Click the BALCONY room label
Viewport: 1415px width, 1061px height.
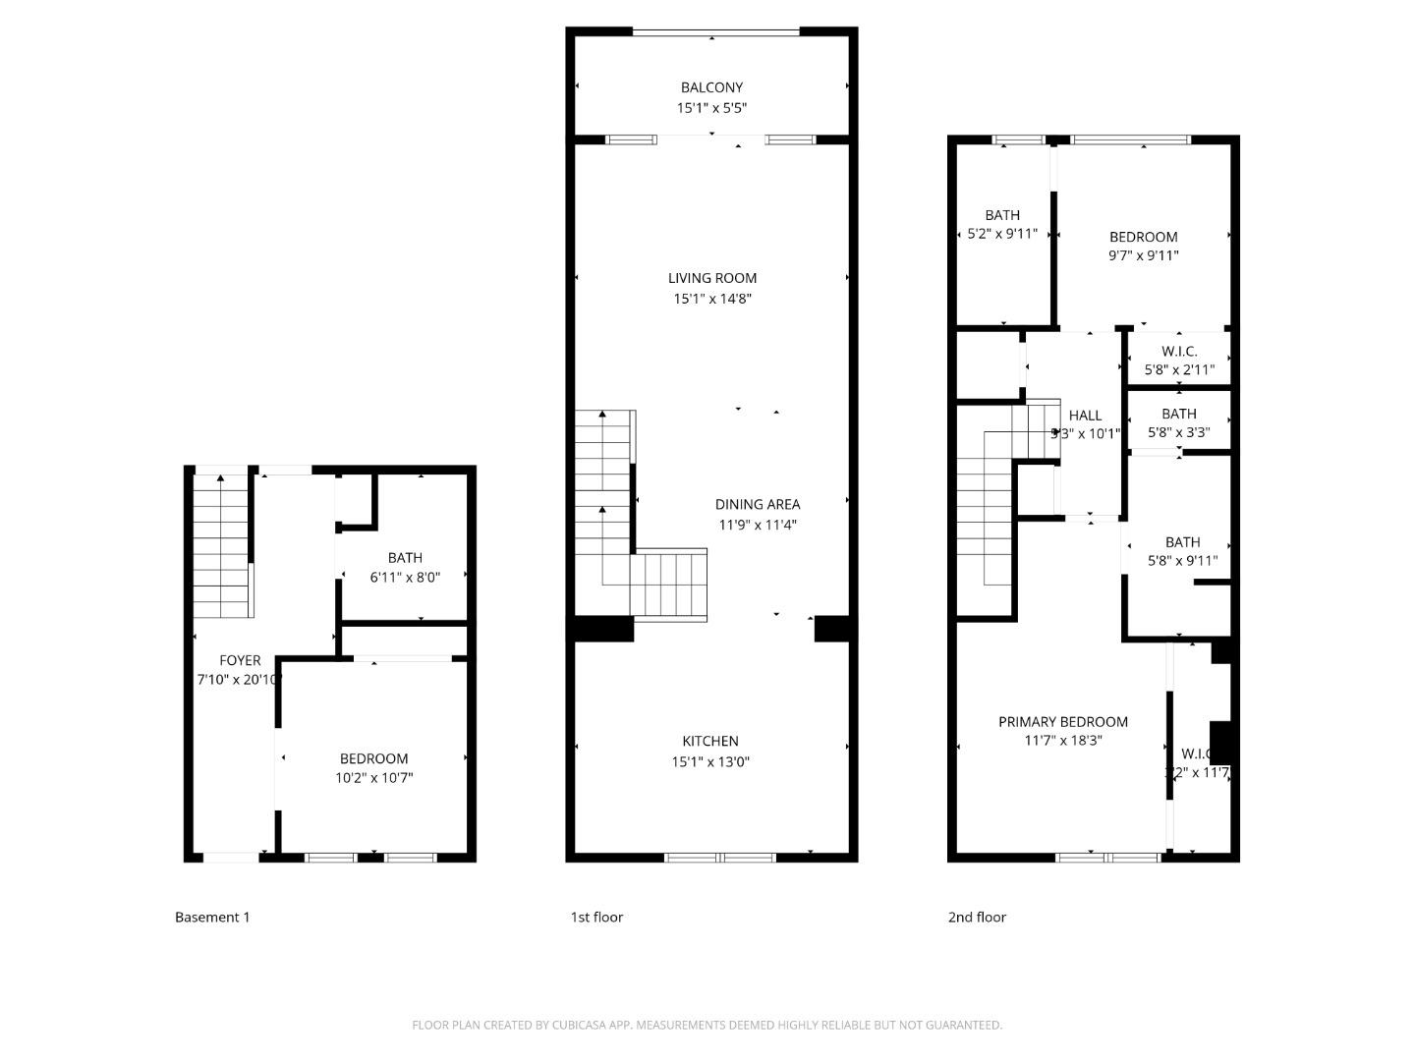click(x=711, y=87)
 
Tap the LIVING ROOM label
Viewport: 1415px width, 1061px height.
click(x=712, y=278)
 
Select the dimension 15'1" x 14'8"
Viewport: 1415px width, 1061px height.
click(x=712, y=299)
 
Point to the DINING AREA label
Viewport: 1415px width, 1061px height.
click(x=757, y=504)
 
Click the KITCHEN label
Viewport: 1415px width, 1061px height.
click(x=710, y=741)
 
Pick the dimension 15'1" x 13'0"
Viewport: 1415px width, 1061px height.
click(x=710, y=761)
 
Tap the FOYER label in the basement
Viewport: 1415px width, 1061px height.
click(x=240, y=660)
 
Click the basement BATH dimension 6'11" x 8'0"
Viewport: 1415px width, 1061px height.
click(x=405, y=578)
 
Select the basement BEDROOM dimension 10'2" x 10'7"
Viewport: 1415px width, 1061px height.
click(x=373, y=778)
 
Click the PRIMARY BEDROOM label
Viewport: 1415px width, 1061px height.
click(x=1062, y=721)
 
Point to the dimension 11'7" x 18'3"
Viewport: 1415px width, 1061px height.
click(x=1062, y=741)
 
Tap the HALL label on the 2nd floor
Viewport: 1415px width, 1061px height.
click(x=1085, y=416)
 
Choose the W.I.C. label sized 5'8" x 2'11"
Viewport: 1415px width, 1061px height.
click(x=1179, y=351)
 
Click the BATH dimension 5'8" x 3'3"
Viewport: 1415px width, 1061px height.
click(x=1179, y=432)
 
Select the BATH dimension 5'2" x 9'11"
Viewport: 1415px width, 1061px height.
click(x=1002, y=234)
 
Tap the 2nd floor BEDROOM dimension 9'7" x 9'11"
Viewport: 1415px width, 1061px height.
click(x=1143, y=255)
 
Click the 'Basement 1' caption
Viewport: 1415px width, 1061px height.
click(x=212, y=917)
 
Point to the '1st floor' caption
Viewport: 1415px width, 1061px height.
click(x=596, y=917)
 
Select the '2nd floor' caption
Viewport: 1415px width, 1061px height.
click(x=977, y=917)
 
